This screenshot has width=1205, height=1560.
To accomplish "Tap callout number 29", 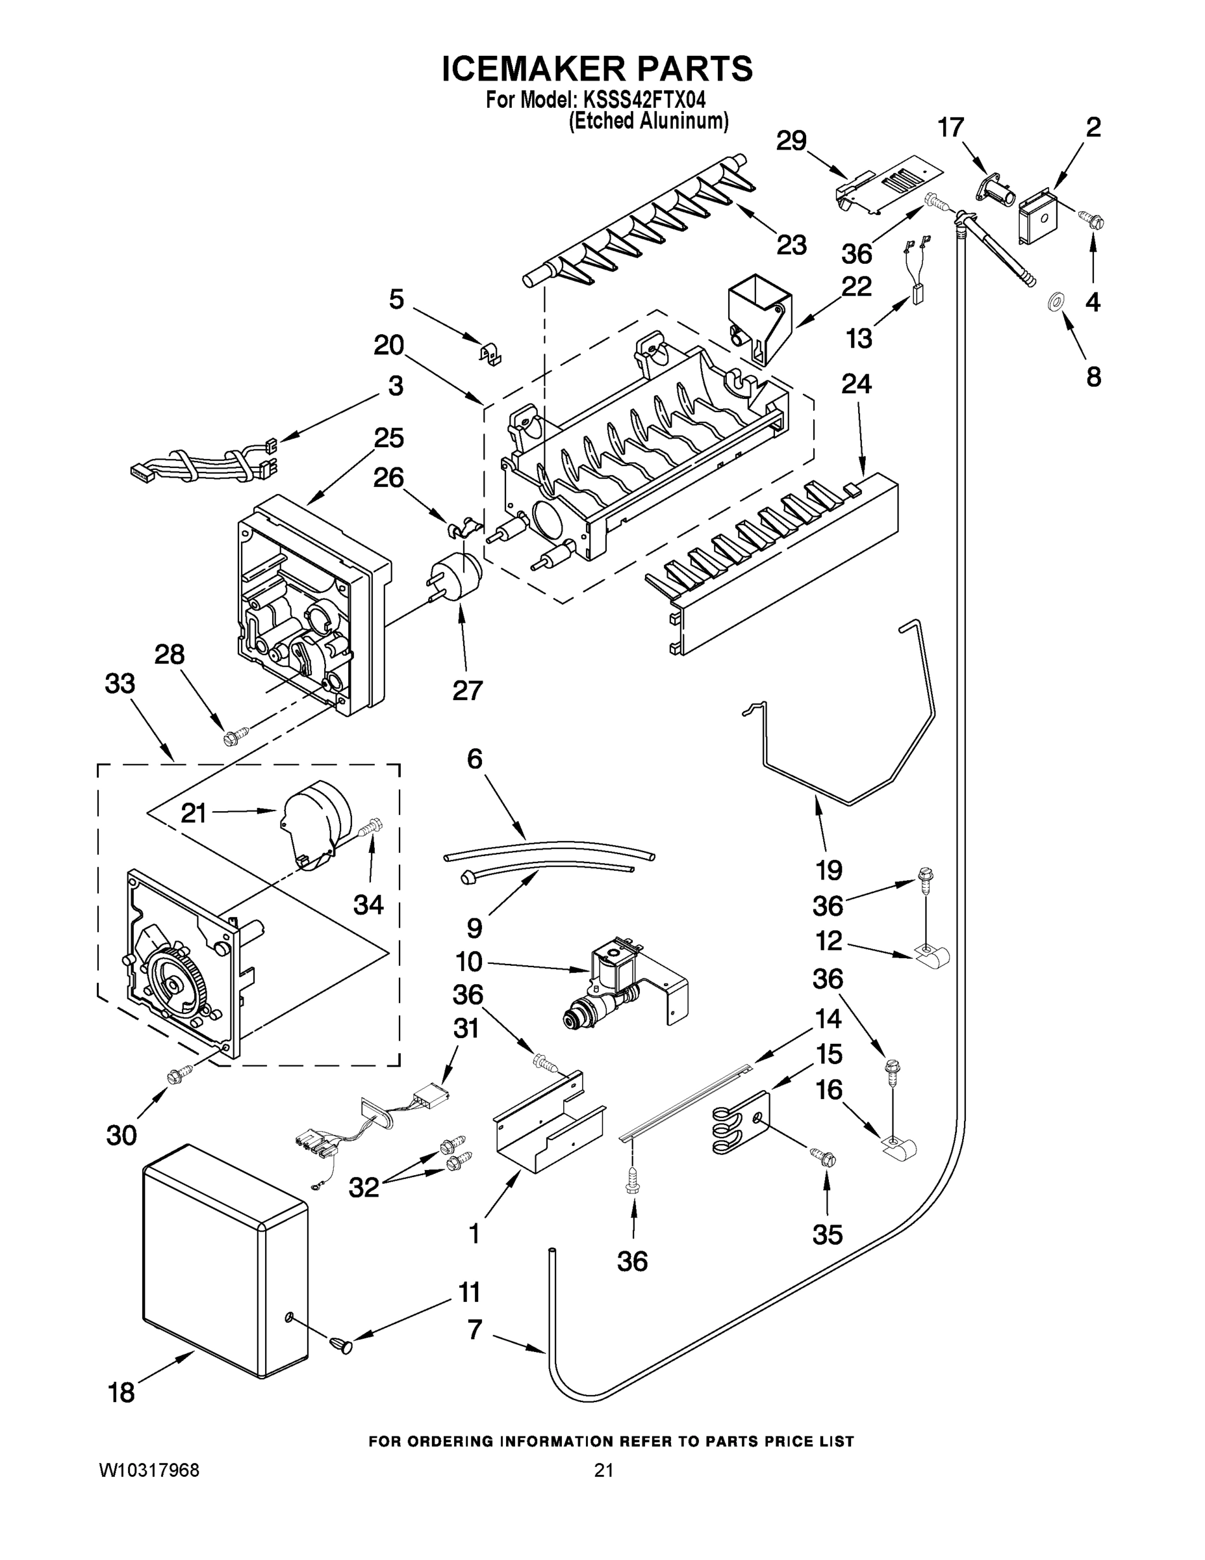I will [x=791, y=140].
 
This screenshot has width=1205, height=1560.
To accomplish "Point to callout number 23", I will [x=791, y=245].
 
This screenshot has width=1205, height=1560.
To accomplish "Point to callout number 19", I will [x=829, y=870].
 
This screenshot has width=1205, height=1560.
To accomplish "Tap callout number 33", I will [x=120, y=684].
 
